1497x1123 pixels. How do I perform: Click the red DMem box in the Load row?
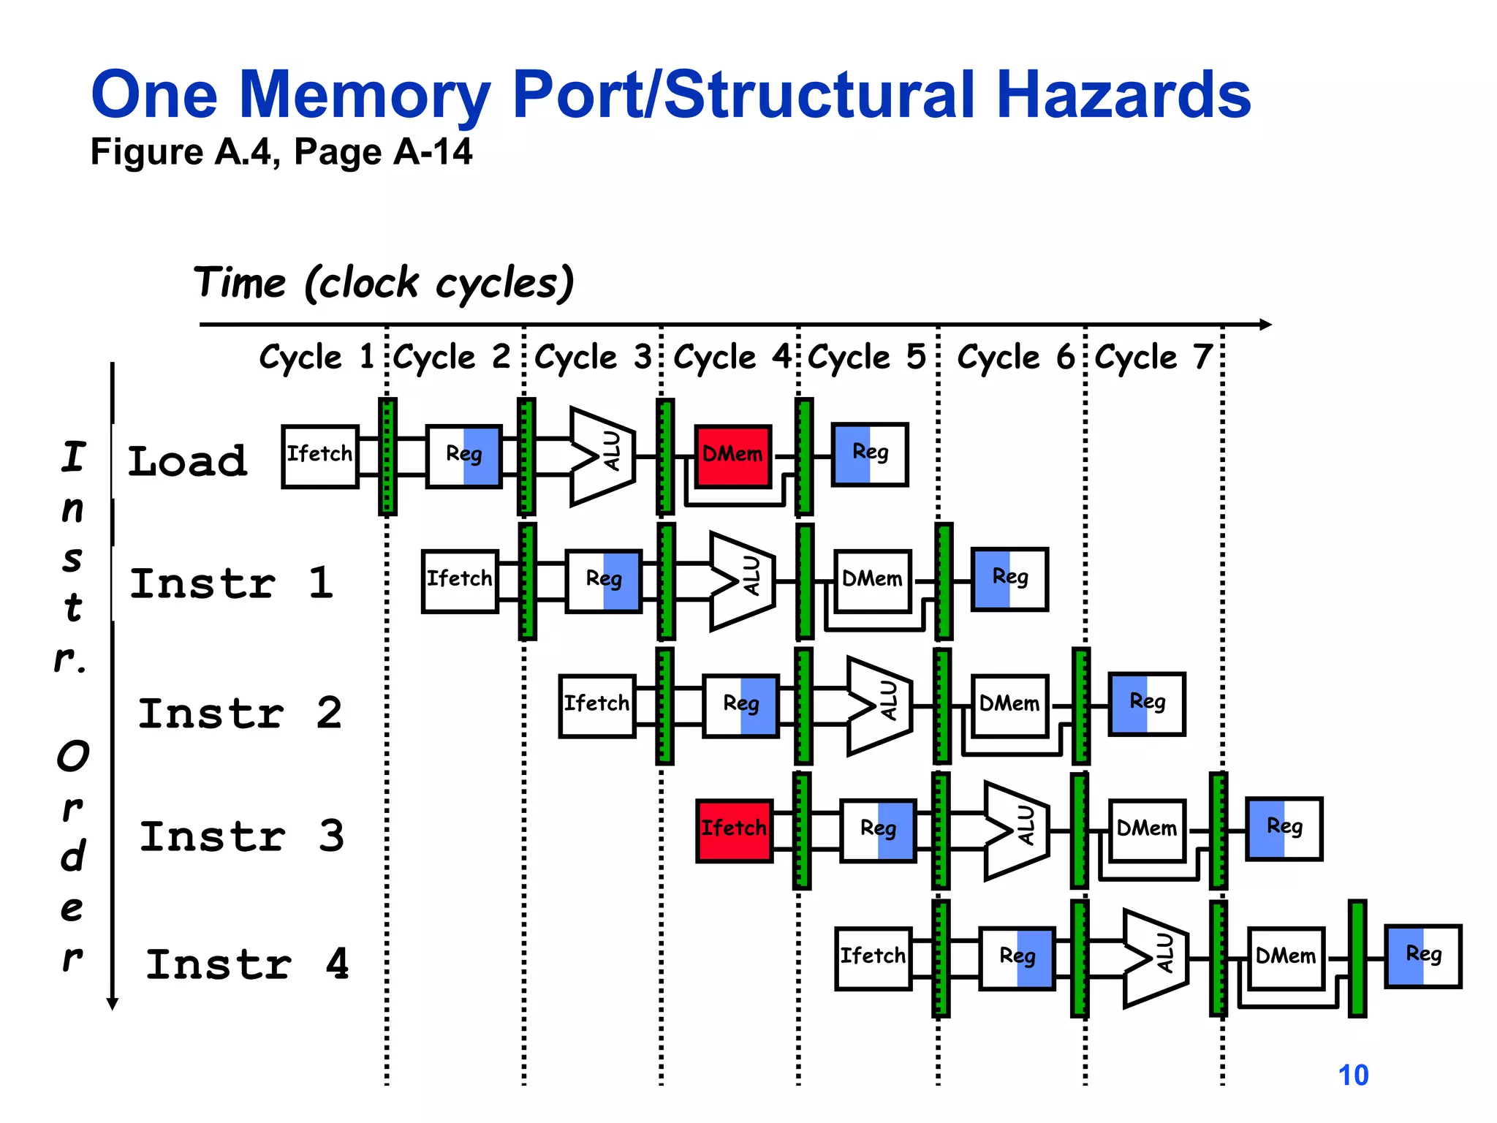tap(732, 456)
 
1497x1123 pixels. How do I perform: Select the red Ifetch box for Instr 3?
tap(734, 831)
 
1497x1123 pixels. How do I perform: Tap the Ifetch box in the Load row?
tap(319, 456)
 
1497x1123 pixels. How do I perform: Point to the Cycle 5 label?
tap(866, 358)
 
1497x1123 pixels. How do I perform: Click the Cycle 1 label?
tap(317, 358)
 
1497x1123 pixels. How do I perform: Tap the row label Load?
tap(188, 461)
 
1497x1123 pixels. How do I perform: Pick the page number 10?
tap(1353, 1075)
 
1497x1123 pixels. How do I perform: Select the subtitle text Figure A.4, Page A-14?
tap(281, 152)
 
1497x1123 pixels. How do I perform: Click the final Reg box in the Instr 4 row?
tap(1423, 956)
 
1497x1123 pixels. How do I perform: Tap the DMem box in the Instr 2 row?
tap(1009, 706)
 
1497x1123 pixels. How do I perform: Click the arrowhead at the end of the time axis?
tap(1266, 324)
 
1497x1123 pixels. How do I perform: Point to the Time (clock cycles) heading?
tap(384, 283)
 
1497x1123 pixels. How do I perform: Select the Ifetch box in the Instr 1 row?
tap(459, 581)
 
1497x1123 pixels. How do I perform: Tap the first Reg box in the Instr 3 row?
tap(878, 831)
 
